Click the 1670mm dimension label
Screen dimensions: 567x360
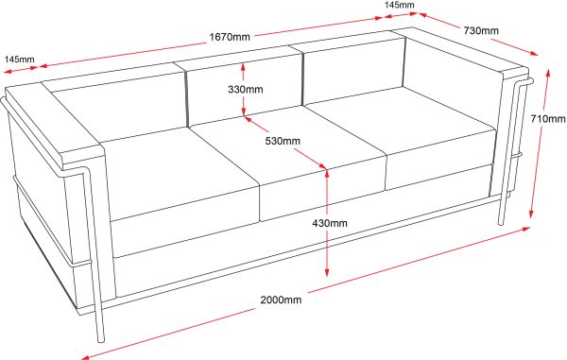point(230,37)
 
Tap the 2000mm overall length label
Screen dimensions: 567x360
point(281,300)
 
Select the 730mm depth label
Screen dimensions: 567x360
point(480,30)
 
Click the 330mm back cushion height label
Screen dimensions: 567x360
point(245,90)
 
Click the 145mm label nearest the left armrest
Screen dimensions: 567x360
point(19,60)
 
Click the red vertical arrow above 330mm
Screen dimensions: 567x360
point(245,72)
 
